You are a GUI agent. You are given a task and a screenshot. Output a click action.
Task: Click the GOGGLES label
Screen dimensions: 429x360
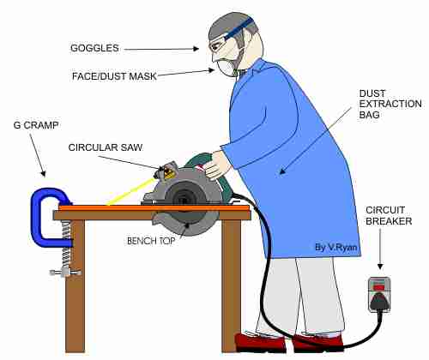94,48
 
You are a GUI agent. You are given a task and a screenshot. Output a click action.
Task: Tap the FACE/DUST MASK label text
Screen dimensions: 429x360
114,76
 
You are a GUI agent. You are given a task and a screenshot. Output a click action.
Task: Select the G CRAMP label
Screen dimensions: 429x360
36,125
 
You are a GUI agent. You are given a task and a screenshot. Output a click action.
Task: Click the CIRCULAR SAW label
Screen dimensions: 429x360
106,147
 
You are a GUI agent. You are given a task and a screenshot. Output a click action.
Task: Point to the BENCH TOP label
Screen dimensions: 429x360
151,241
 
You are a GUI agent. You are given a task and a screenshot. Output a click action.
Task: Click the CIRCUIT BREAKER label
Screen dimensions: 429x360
389,215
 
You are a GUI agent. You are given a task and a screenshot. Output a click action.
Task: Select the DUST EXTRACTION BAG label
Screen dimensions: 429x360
390,104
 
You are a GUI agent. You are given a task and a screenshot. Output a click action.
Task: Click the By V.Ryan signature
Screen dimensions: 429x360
335,247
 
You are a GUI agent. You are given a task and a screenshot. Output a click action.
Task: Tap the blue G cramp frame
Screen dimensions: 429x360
37,217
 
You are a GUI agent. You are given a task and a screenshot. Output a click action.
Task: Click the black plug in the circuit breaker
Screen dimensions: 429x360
379,302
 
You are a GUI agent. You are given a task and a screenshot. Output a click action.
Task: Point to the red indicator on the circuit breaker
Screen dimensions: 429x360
379,286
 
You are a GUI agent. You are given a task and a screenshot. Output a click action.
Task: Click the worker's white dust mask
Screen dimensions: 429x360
226,68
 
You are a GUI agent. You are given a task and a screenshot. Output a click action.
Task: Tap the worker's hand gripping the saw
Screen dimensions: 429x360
215,165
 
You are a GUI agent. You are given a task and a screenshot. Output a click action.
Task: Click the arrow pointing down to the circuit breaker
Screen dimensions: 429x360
380,249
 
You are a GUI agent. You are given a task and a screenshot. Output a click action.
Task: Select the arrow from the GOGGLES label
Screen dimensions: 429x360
161,49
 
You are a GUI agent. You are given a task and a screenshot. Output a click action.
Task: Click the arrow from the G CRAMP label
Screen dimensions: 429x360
38,155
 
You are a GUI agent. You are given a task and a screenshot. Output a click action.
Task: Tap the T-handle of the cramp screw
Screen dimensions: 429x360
65,273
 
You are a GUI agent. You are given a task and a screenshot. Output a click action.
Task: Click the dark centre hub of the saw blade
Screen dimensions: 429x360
184,201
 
